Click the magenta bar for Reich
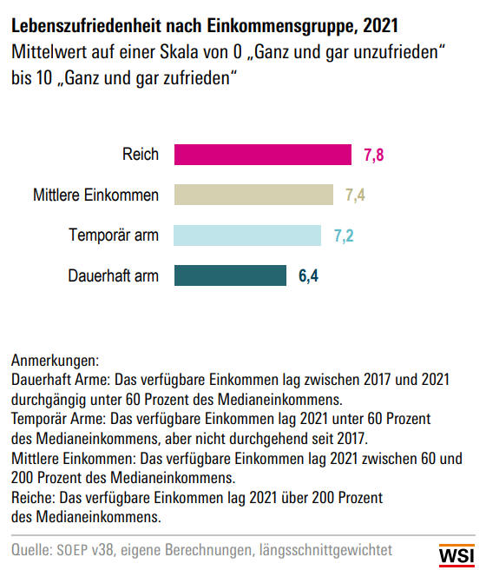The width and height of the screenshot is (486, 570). [263, 155]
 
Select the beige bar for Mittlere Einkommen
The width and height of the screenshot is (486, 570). [253, 195]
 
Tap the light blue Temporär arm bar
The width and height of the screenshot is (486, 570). [247, 235]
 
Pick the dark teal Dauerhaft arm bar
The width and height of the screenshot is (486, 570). [230, 275]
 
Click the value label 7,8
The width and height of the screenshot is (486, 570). [374, 156]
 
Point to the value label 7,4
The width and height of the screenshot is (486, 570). [355, 196]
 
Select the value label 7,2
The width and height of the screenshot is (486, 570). [344, 236]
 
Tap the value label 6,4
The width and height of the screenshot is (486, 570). [308, 276]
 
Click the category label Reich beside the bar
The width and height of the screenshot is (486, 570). [141, 154]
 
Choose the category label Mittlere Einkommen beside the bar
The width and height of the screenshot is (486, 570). [95, 195]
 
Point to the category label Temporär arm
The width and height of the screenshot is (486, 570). [114, 235]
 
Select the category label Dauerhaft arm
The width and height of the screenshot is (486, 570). [113, 275]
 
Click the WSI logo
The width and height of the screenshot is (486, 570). [456, 555]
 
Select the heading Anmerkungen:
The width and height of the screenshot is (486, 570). [55, 361]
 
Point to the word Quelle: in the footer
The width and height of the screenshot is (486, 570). [31, 550]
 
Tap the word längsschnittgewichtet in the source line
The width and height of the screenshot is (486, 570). [325, 550]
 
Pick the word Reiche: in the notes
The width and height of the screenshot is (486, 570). [33, 498]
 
